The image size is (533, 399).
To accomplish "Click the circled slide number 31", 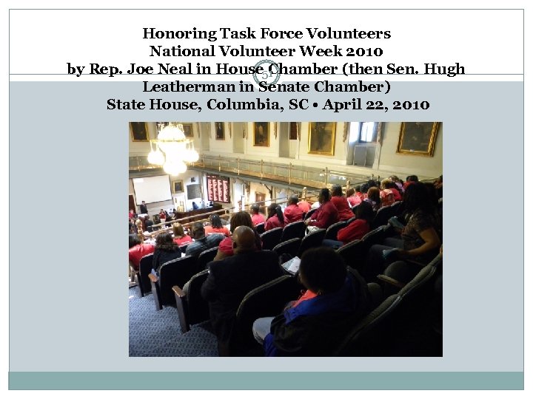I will coord(267,72).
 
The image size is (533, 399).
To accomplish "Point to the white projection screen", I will coord(152,189).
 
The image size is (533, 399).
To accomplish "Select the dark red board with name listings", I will coord(218,189).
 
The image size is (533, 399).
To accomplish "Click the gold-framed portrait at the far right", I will coord(418,138).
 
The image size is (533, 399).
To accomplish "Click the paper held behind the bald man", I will coord(292,264).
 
